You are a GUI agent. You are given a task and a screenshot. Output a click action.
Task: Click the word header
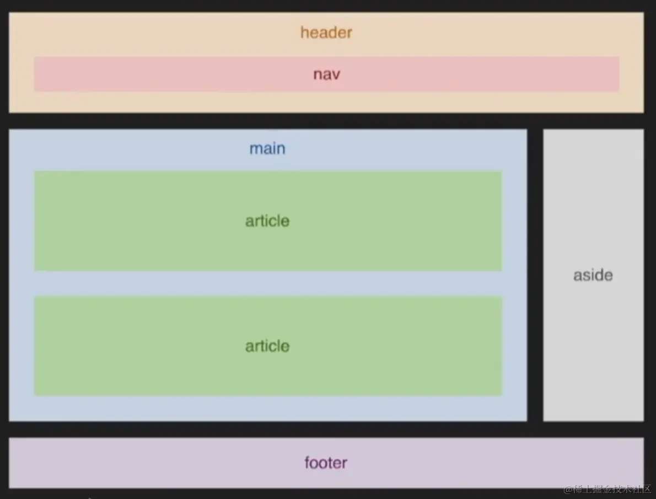coord(326,33)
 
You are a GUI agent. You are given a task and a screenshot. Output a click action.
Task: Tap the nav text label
coord(326,74)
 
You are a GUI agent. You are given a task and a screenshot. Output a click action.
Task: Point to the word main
coord(267,148)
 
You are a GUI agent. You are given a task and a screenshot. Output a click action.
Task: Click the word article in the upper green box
coord(267,221)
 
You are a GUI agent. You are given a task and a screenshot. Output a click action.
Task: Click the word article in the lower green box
coord(267,346)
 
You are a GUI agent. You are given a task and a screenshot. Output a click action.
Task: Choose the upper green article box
coord(138,221)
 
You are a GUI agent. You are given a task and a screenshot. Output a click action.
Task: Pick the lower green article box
coord(138,346)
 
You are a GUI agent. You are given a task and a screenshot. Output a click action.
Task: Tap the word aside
coord(593,275)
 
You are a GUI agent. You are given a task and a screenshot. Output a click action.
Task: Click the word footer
coord(326,463)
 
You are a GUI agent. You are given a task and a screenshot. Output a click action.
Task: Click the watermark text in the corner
coord(607,489)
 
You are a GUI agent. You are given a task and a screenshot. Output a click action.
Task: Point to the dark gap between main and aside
coord(535,275)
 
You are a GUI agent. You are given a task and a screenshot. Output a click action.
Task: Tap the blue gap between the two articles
coord(268,283)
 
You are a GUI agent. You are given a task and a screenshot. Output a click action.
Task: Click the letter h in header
coord(304,33)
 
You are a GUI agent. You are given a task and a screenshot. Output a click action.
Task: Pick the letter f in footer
coord(308,462)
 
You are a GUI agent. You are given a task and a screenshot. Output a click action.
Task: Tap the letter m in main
coord(255,149)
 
